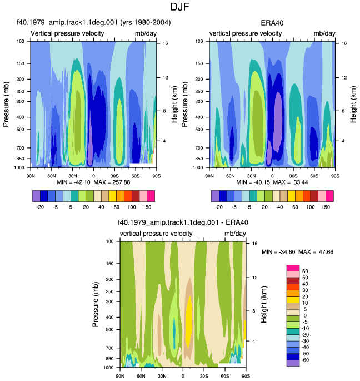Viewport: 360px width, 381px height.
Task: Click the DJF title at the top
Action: click(179, 7)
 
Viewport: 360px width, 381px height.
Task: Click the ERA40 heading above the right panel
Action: click(272, 23)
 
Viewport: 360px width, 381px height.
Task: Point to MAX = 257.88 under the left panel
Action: click(112, 182)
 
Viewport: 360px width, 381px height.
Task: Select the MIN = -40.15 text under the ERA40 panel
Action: click(253, 182)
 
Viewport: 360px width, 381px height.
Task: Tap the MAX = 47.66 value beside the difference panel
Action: click(316, 252)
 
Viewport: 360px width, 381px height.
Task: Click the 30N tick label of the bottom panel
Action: click(162, 376)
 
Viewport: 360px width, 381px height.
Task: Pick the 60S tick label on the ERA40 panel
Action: click(314, 176)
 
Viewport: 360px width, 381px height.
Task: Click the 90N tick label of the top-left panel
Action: click(31, 176)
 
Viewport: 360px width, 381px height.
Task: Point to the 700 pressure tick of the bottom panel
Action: click(110, 348)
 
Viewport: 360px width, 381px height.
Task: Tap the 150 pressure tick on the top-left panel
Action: click(21, 63)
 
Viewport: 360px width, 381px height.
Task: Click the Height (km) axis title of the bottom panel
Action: click(264, 304)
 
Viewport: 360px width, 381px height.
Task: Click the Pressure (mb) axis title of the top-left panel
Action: click(6, 105)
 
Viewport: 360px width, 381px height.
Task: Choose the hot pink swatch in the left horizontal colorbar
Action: click(151, 196)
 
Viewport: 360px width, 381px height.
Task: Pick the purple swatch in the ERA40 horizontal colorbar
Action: click(215, 196)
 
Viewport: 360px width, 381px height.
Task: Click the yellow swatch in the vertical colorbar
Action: click(293, 300)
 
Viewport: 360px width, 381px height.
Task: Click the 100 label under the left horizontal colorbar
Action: click(132, 207)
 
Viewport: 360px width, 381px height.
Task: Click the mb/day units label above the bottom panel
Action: click(235, 234)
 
